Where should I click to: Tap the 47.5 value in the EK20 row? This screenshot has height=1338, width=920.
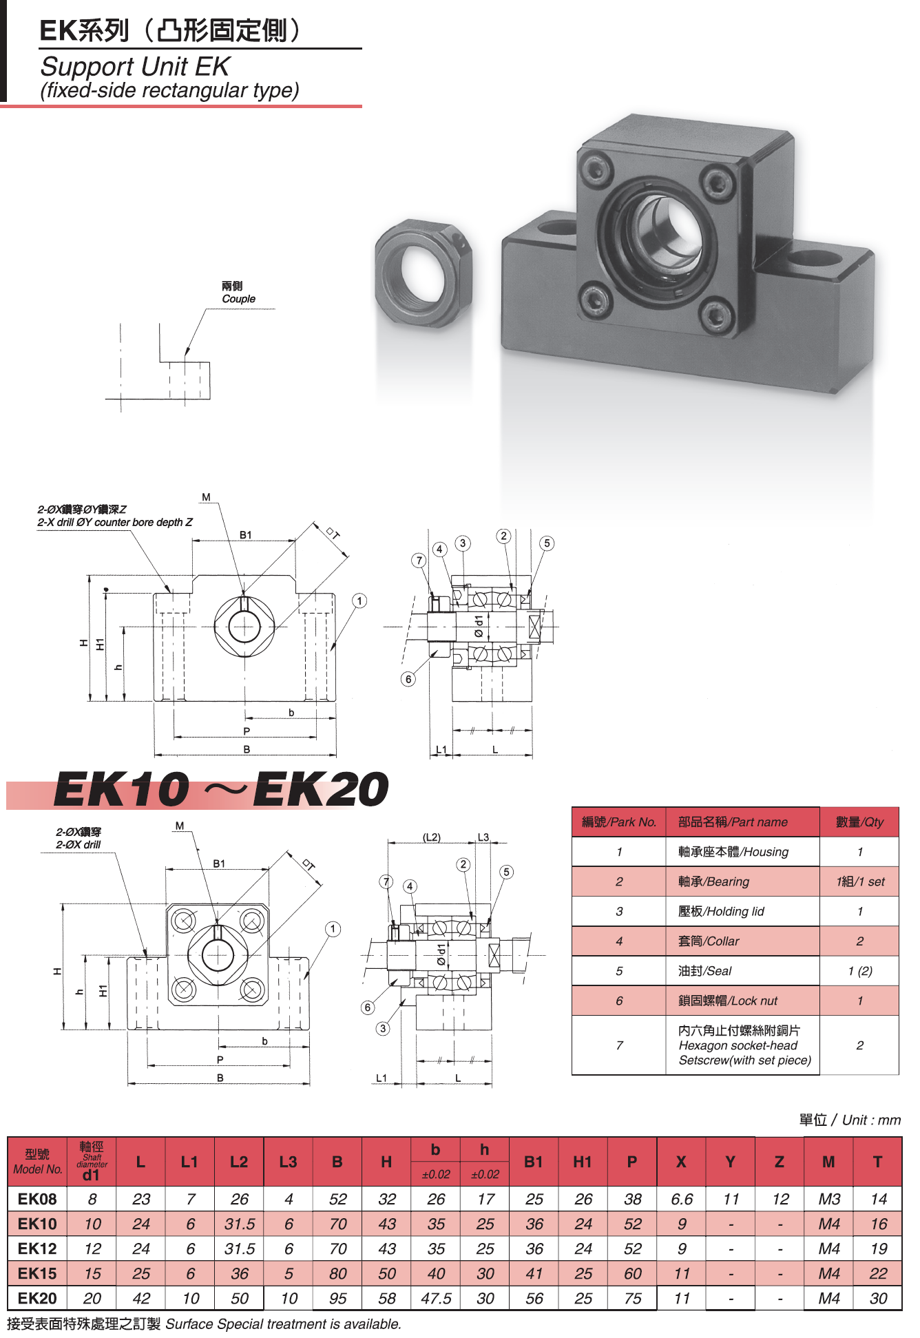[x=436, y=1298]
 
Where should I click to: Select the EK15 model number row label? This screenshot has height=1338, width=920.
[x=37, y=1273]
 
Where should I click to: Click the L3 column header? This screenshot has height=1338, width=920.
[x=288, y=1162]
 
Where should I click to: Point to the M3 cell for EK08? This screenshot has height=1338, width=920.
[x=829, y=1199]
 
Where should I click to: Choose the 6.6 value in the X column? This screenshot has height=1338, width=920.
[x=682, y=1199]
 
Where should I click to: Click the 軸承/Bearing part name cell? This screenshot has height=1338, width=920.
[x=713, y=881]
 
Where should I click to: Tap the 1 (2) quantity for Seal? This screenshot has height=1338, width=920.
[x=859, y=971]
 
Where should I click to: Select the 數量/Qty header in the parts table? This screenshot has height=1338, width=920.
[x=859, y=822]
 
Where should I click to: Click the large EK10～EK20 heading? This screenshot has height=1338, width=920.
[x=221, y=789]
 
